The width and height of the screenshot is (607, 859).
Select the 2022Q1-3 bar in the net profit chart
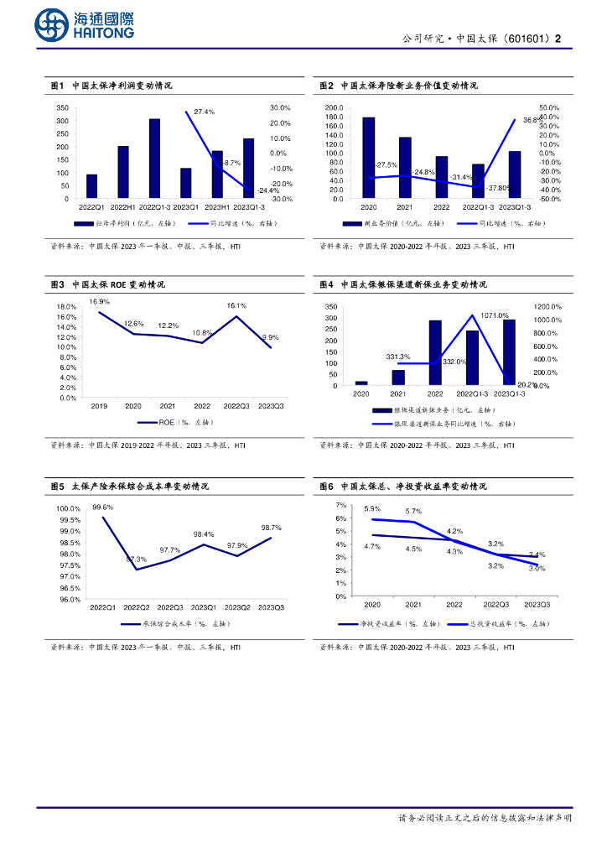[x=154, y=159]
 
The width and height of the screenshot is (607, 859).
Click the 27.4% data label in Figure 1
[x=205, y=112]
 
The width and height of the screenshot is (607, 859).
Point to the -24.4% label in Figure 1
[x=256, y=190]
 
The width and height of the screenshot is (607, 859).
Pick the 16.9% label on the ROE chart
[x=100, y=301]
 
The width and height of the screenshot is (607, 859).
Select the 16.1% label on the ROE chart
[x=236, y=306]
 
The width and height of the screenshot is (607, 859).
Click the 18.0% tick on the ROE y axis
[x=66, y=307]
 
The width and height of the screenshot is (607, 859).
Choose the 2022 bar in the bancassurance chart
[x=435, y=352]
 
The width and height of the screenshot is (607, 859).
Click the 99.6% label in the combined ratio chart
[x=103, y=508]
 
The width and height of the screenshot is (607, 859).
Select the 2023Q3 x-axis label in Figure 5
[x=272, y=607]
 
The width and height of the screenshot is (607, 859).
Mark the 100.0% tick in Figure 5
[x=69, y=509]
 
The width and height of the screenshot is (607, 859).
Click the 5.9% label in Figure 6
[x=372, y=509]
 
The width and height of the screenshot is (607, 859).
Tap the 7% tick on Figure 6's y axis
[x=340, y=505]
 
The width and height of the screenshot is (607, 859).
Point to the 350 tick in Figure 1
[x=63, y=108]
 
